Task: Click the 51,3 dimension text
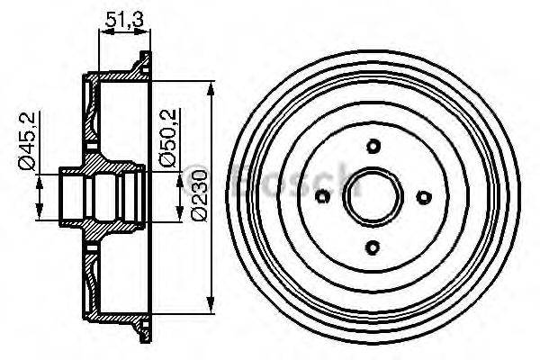[121, 17]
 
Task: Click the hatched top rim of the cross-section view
[117, 71]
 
